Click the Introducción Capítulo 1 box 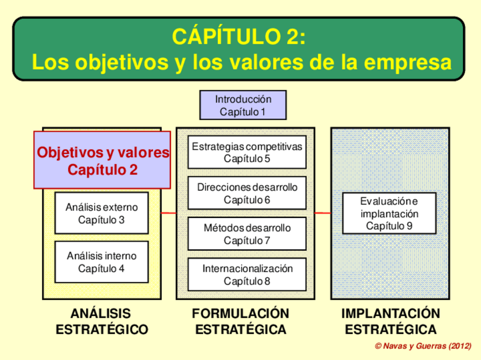tap(243, 105)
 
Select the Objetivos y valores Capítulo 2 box tap(103, 160)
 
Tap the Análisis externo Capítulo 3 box tap(102, 213)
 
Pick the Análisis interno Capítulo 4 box tap(102, 262)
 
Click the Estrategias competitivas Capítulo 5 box tap(247, 152)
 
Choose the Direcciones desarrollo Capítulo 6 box tap(247, 193)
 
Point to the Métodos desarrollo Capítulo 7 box tap(247, 234)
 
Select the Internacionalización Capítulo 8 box tap(247, 275)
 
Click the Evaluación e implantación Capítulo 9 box tap(389, 213)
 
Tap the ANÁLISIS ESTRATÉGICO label tap(102, 322)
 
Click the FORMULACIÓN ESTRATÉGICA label tap(241, 322)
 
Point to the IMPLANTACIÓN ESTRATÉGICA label tap(391, 322)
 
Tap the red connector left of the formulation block tap(168, 213)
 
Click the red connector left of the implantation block tap(323, 213)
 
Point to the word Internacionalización tap(247, 269)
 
